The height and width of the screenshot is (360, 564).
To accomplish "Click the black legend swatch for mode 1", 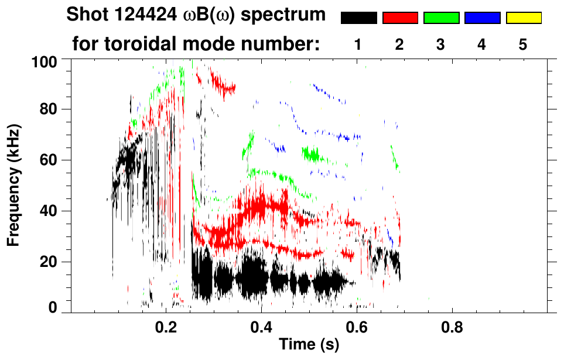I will click(359, 18).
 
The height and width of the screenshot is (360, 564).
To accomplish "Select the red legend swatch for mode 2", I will click(400, 18).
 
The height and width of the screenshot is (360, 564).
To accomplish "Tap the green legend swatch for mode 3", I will click(441, 18).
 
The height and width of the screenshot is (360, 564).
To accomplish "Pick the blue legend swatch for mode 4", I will click(482, 18).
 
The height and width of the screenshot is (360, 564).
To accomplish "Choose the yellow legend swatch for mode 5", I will click(523, 18).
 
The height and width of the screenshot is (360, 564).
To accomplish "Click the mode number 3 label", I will click(440, 44).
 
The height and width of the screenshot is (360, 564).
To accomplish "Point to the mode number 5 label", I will click(523, 44).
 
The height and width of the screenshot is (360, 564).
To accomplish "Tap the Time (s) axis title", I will click(309, 345).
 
